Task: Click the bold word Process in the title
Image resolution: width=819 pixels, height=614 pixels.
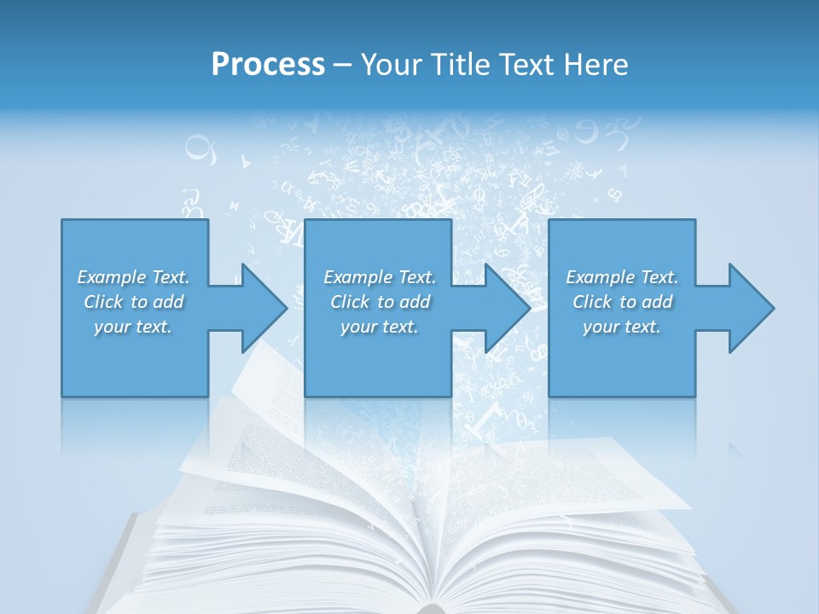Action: click(x=268, y=65)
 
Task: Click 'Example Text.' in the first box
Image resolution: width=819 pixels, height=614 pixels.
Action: click(x=133, y=277)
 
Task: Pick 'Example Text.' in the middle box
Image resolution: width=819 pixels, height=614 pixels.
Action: click(x=380, y=277)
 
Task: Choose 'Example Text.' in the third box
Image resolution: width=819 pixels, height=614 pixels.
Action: click(x=622, y=277)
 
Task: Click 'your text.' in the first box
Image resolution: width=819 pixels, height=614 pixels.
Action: click(x=133, y=327)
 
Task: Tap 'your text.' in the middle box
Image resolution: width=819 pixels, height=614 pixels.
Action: click(x=380, y=327)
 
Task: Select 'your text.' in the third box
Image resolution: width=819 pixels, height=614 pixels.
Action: click(x=622, y=327)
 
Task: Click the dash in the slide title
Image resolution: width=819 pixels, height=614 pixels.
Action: click(x=342, y=65)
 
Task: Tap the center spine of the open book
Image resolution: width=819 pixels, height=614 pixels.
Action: click(x=434, y=588)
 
